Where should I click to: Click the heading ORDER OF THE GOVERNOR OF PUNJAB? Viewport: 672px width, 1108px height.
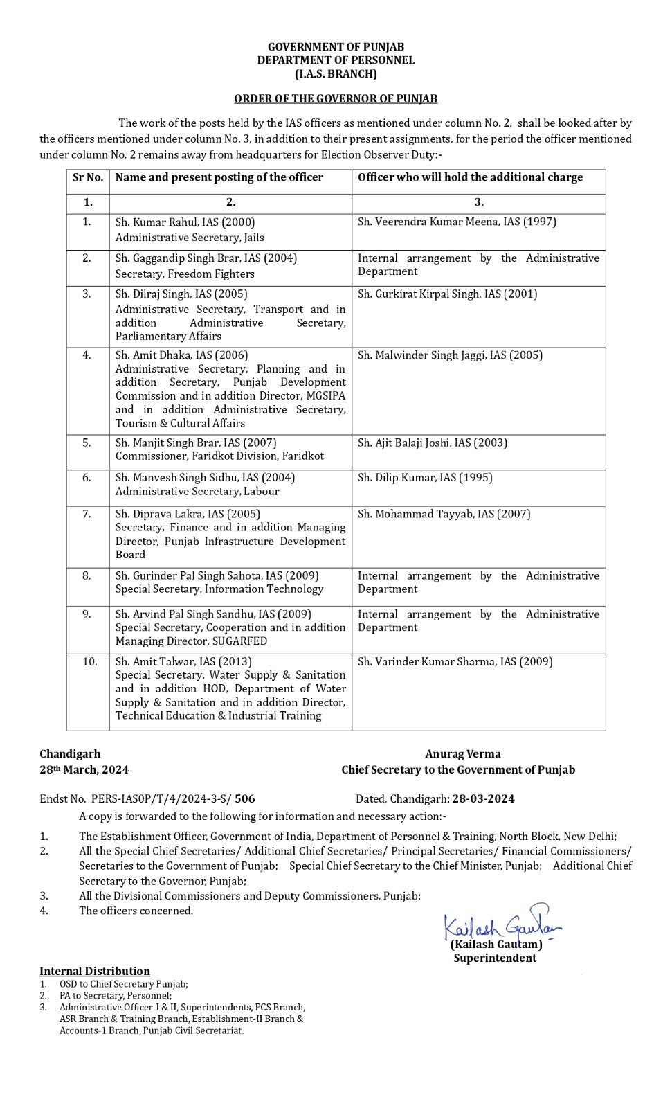coord(336,99)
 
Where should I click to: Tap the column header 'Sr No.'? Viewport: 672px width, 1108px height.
coord(88,177)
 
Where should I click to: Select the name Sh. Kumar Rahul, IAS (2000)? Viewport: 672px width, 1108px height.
coord(185,222)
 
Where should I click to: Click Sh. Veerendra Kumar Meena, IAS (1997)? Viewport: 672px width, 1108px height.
coord(457,222)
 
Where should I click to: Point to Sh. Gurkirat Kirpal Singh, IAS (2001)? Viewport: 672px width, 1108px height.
coord(447,294)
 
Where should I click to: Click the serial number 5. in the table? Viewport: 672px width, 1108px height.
coord(87,443)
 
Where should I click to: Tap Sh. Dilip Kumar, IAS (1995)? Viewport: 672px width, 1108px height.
coord(425,478)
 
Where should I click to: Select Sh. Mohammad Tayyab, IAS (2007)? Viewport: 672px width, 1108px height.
coord(444,514)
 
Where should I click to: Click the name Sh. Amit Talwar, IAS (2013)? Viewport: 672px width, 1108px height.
coord(183,662)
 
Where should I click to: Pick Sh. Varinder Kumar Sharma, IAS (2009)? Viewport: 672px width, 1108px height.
coord(455,662)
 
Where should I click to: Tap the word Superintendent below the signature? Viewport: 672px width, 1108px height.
coord(495,958)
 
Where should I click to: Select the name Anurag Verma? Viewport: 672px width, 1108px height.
coord(463,754)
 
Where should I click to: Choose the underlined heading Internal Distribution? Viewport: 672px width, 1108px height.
coord(95,972)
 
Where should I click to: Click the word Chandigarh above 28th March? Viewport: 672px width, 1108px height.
coord(70,754)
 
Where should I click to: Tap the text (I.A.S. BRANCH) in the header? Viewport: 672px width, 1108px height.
coord(336,74)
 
